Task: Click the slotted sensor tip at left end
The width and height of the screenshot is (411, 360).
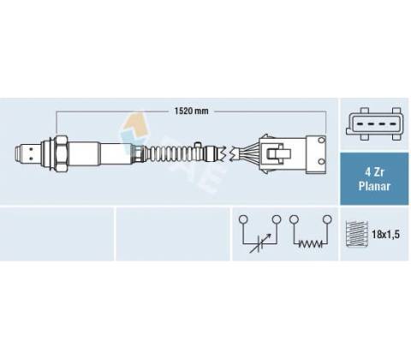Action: point(27,153)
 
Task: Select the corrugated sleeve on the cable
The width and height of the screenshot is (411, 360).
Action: point(171,153)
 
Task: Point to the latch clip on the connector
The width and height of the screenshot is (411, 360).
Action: point(278,153)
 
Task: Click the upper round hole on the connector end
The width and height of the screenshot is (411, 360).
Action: point(322,140)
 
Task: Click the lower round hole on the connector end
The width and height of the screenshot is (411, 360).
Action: point(322,162)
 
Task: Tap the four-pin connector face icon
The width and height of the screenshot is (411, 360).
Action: point(374,124)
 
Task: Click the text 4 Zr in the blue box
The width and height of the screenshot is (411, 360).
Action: point(374,172)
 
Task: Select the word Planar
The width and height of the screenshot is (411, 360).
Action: point(374,186)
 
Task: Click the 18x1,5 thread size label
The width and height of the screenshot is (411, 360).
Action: point(385,235)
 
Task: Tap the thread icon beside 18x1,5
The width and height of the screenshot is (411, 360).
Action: point(356,234)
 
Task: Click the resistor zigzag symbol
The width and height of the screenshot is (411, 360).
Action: point(310,244)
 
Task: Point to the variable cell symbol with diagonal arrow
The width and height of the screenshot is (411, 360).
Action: point(259,243)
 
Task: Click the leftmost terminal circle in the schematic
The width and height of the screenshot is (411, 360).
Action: point(243,219)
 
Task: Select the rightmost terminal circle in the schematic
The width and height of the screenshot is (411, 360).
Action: point(327,219)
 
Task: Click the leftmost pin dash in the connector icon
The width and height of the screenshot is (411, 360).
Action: point(360,124)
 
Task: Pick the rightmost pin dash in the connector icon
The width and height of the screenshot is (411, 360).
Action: point(393,124)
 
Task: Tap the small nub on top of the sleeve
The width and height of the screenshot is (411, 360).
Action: point(197,144)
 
